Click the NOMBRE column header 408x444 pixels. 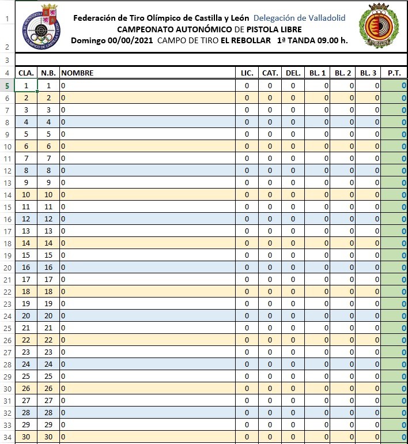[77, 73]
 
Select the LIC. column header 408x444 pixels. [247, 73]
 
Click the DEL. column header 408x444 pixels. [293, 73]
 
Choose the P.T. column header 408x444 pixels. [394, 73]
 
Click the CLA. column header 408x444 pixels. [26, 73]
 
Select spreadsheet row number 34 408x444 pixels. [7, 437]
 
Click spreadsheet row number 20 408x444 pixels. [7, 268]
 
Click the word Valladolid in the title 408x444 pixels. [322, 18]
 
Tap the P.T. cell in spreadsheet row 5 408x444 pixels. [394, 86]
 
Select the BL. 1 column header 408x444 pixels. [318, 73]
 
